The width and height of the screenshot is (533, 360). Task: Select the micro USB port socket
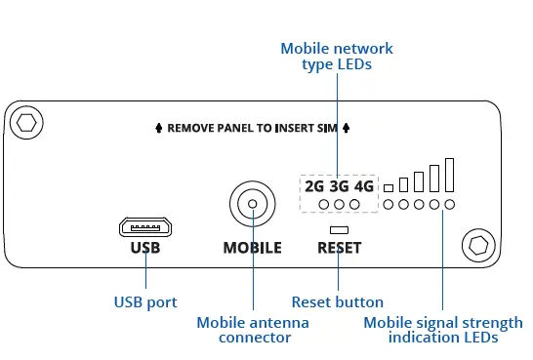coord(144,226)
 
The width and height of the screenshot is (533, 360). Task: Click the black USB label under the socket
coord(144,248)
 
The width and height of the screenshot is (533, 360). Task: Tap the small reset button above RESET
coord(339,229)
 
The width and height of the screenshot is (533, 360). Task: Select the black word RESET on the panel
coord(339,248)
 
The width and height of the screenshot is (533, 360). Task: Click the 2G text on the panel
coord(314,185)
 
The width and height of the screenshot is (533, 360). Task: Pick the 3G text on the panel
coord(339,185)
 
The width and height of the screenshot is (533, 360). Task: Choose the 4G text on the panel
coord(363,185)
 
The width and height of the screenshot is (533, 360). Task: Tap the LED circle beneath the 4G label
coord(355,205)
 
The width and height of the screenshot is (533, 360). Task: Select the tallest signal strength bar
coord(449,175)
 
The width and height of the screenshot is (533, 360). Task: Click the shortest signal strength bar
coord(388,187)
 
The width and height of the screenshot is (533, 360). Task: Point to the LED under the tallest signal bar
coord(449,205)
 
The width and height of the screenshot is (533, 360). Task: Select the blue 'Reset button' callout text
coord(338,302)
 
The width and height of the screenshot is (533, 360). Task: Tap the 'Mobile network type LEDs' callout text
coord(336,57)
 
